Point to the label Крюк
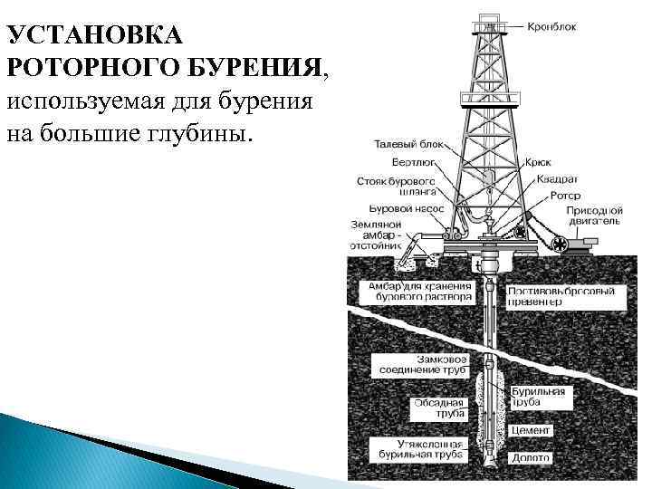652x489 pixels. coord(538,163)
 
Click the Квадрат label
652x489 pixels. coord(556,179)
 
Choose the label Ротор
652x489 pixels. coord(563,195)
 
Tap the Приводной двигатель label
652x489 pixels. coord(594,215)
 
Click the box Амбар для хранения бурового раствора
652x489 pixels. coord(415,291)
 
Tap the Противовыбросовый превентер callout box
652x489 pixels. coord(561,297)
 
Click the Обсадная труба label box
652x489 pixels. coord(438,407)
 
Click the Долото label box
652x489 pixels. coord(530,458)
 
